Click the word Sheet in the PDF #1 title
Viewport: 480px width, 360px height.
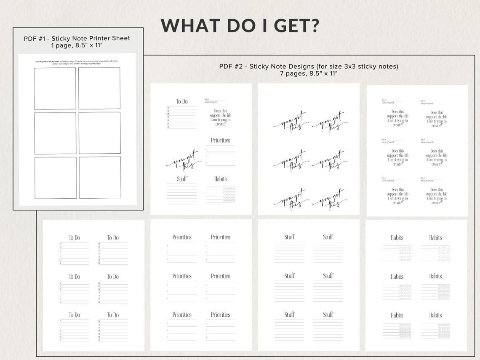click(x=120, y=38)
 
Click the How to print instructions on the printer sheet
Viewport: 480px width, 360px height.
click(x=77, y=63)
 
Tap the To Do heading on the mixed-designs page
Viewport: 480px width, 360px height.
click(x=182, y=101)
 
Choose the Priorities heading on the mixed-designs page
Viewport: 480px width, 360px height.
click(x=221, y=140)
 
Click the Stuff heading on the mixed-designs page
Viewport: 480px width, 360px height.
click(x=182, y=179)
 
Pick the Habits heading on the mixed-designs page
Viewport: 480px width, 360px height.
click(x=221, y=179)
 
